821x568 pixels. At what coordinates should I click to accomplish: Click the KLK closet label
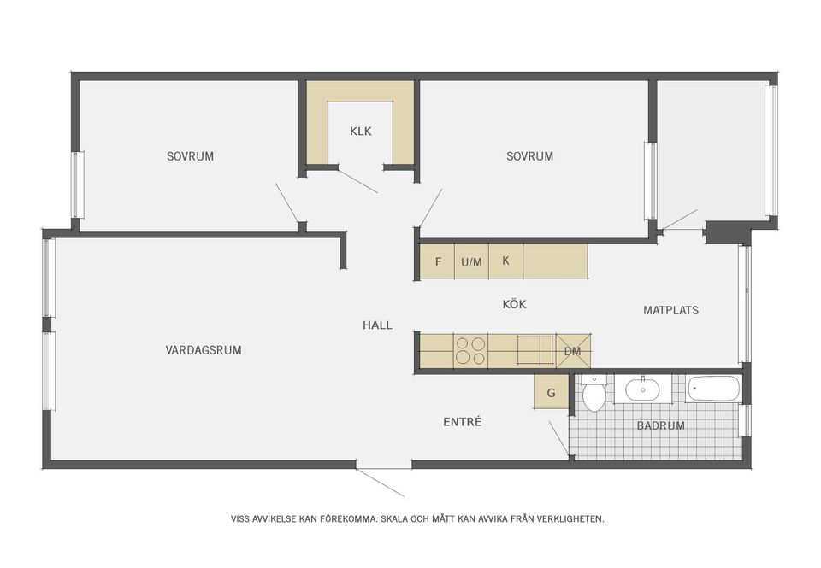coord(361,132)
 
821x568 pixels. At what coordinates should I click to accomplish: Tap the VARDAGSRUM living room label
coord(204,350)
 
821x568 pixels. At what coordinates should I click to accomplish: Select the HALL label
coord(377,325)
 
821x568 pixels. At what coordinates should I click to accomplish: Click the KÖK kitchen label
coord(514,304)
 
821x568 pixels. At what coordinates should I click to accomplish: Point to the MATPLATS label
coord(670,310)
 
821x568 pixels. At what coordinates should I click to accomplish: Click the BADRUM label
coord(661,425)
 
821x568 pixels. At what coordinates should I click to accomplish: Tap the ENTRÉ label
coord(463,422)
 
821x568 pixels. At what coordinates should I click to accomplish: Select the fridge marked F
coord(437,261)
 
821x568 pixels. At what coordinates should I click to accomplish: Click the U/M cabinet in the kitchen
coord(472,261)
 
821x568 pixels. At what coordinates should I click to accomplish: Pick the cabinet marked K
coord(505,261)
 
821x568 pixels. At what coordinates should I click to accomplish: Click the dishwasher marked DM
coord(573,351)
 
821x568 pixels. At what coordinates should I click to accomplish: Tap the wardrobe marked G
coord(552,392)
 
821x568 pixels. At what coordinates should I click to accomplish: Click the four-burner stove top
coord(470,351)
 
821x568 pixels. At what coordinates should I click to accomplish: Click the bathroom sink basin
coord(642,389)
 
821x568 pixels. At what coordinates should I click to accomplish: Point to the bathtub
coord(713,389)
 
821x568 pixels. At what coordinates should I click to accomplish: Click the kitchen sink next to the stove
coord(535,350)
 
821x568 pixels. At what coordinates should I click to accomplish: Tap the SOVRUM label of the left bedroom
coord(190,156)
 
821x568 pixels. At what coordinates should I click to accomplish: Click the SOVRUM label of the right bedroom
coord(529,156)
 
